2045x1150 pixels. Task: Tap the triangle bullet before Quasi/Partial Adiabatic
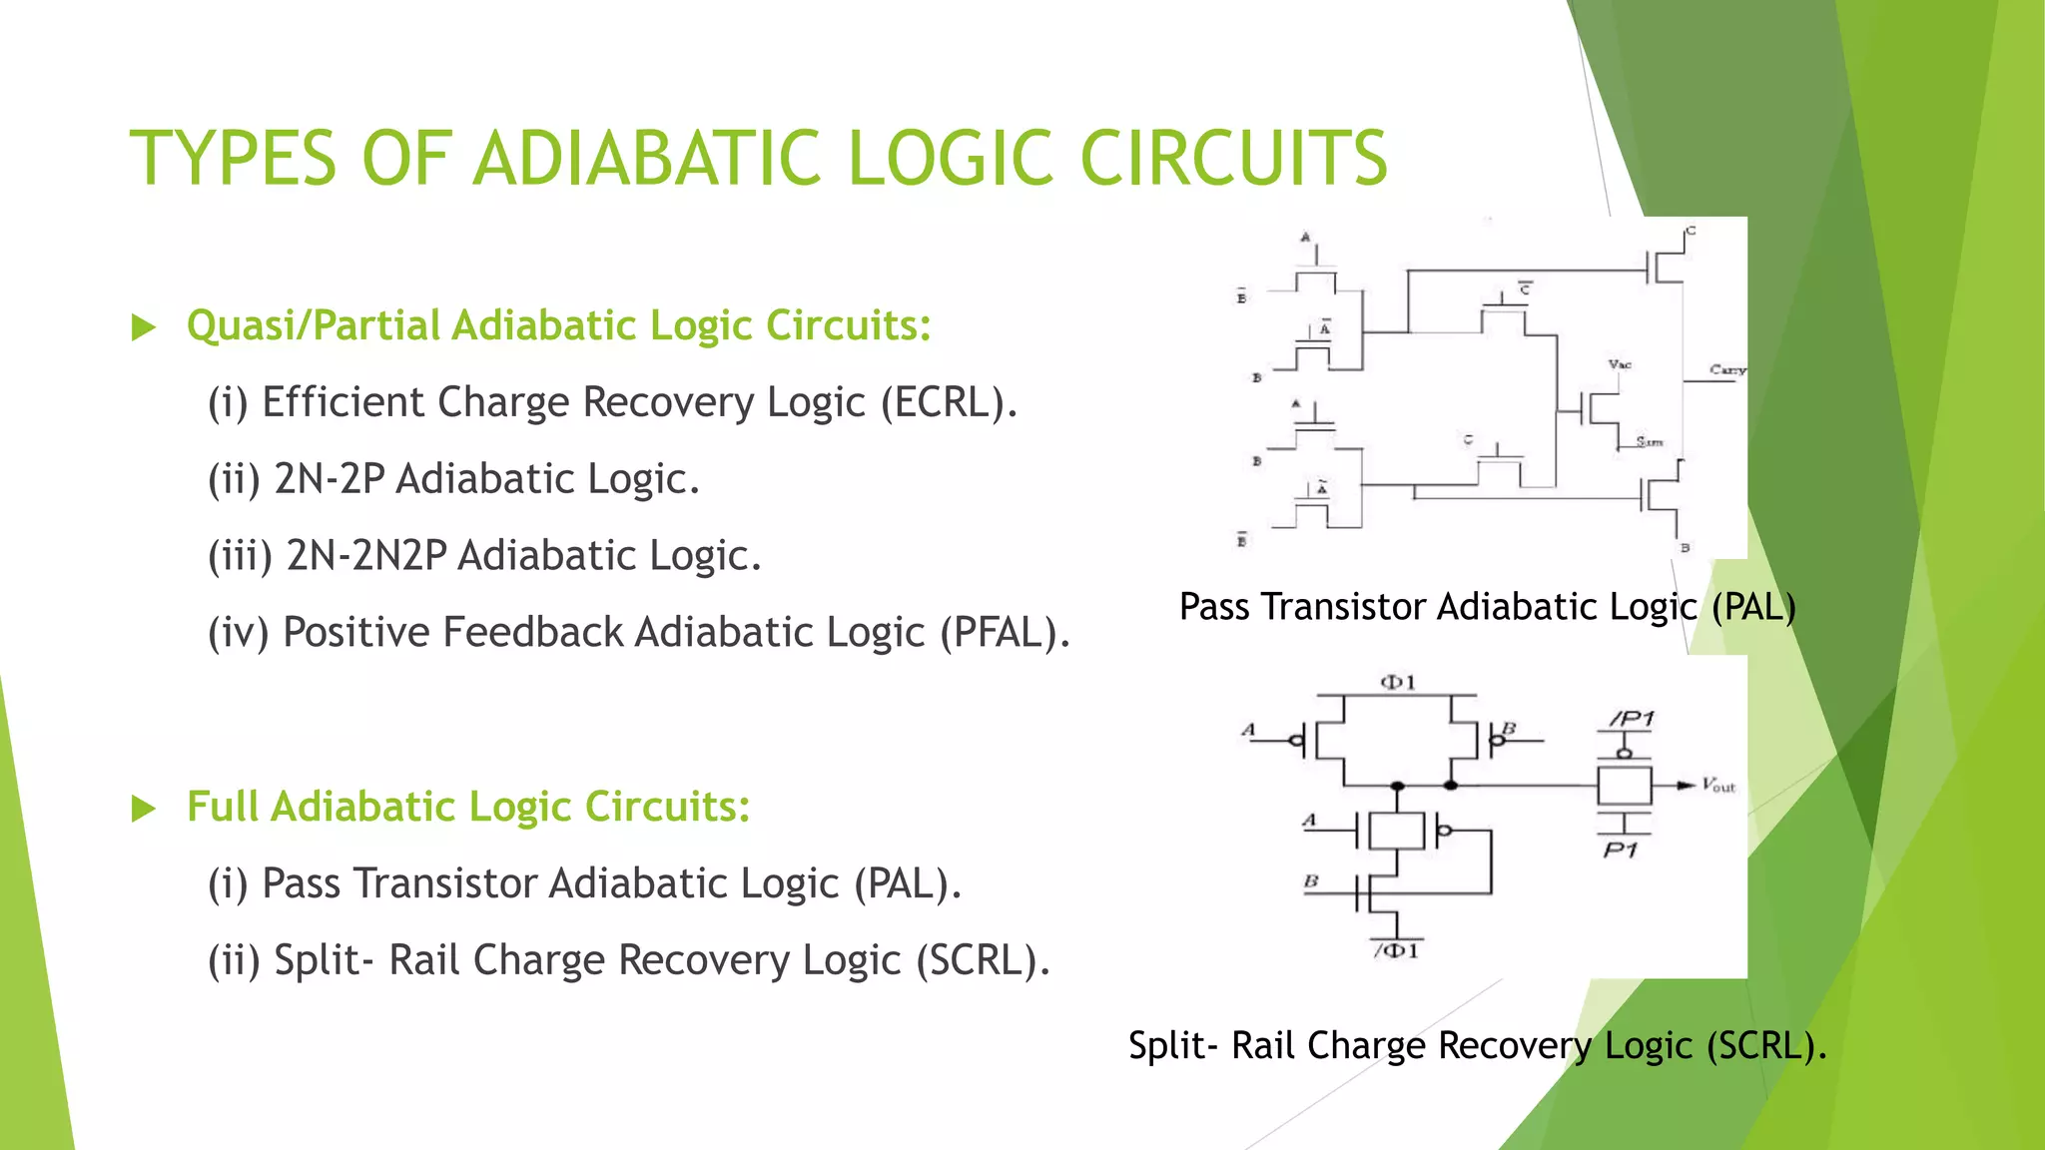click(x=144, y=327)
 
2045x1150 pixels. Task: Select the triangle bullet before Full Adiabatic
click(x=144, y=809)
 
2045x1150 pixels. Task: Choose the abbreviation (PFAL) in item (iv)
click(x=1004, y=633)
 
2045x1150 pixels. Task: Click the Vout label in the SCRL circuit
click(x=1718, y=786)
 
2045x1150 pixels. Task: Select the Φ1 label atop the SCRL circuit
click(x=1397, y=683)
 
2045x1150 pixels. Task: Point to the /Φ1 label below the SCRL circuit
click(x=1397, y=951)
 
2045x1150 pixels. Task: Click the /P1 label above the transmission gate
click(x=1632, y=719)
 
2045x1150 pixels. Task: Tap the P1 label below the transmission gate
click(x=1620, y=851)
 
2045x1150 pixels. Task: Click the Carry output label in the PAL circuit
click(x=1726, y=369)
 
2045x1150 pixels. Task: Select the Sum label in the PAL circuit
click(x=1649, y=441)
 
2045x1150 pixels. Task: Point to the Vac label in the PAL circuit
click(x=1620, y=364)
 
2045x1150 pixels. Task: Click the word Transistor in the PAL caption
click(x=1343, y=607)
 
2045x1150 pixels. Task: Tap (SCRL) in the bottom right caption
click(x=1766, y=1046)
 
